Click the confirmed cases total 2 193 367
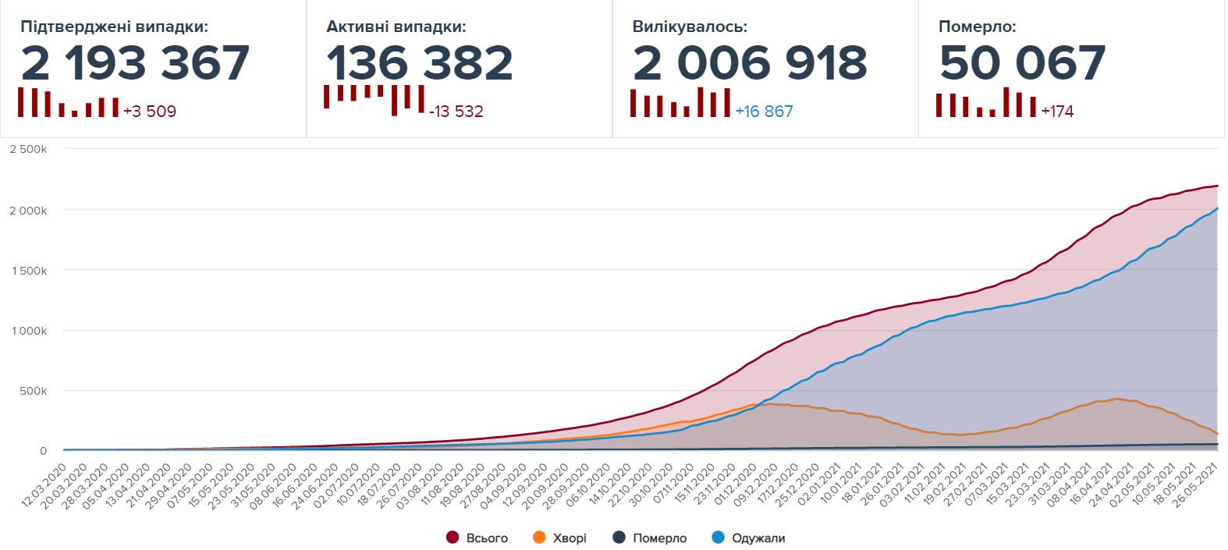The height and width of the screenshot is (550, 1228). [135, 63]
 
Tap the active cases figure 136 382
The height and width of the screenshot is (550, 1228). [419, 63]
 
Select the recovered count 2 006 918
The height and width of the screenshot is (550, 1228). [750, 63]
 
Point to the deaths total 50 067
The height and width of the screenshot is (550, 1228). [1022, 63]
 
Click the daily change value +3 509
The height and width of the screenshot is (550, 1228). [150, 112]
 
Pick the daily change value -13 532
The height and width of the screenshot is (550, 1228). [456, 112]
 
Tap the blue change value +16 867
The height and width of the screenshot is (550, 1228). [764, 112]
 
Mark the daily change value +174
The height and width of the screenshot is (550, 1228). [1057, 112]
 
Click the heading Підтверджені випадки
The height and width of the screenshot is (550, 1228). [114, 27]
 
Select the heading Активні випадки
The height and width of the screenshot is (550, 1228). [396, 27]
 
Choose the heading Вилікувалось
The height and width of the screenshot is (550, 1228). [690, 27]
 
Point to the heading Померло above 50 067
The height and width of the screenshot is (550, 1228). [977, 27]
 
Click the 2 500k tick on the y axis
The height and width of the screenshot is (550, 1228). [28, 149]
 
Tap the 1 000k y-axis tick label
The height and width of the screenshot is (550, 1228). [28, 331]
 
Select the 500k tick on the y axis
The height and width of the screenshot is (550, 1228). [34, 391]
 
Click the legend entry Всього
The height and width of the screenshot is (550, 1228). [477, 538]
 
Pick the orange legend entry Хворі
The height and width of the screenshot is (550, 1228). [559, 538]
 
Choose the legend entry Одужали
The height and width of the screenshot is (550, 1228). [749, 538]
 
